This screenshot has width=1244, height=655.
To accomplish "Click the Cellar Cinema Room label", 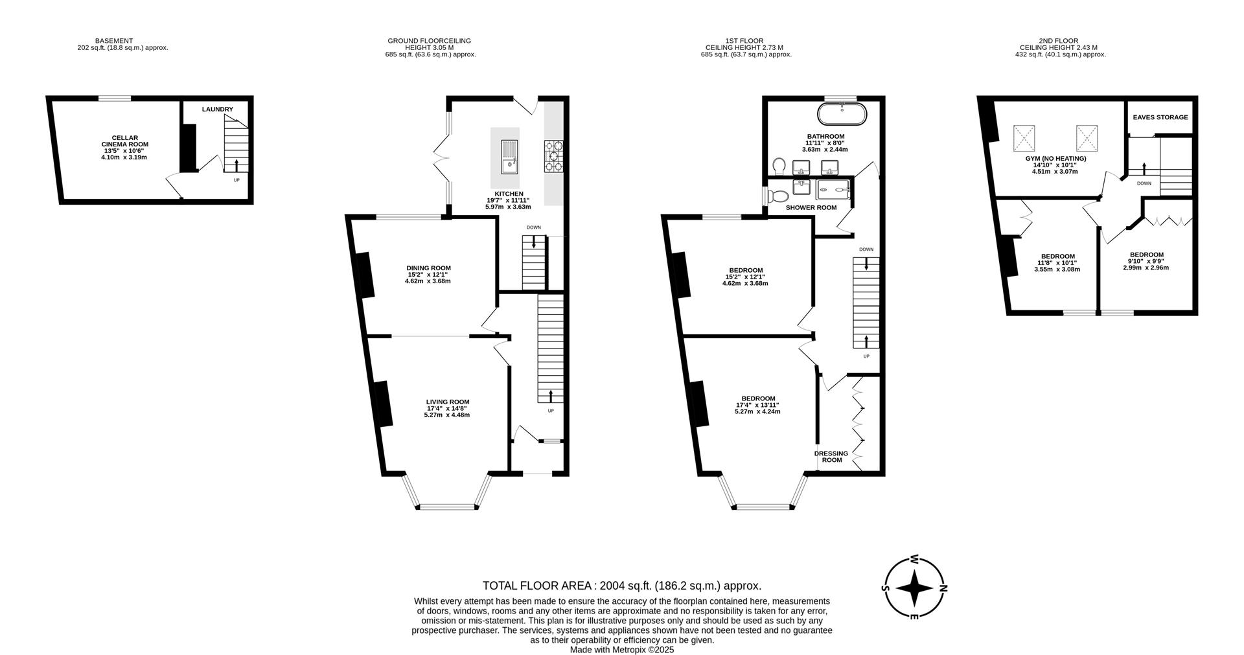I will [124, 141].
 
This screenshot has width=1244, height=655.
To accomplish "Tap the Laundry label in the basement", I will [217, 109].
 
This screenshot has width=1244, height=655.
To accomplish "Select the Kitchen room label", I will [509, 194].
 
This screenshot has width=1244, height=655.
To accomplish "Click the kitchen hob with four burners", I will [553, 156].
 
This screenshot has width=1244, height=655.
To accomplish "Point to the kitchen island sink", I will [509, 157].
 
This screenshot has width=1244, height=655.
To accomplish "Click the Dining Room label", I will [428, 268].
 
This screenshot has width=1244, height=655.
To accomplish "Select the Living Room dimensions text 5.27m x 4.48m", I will [447, 415].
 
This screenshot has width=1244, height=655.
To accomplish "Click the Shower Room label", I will [811, 208].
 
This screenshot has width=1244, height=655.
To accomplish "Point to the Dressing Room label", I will [831, 457].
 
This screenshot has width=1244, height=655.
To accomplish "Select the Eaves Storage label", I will [1160, 117].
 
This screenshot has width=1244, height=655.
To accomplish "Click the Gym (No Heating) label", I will [1055, 158].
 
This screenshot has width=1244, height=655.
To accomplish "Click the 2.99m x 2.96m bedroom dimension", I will [1146, 268].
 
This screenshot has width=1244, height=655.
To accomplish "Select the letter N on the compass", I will [943, 588].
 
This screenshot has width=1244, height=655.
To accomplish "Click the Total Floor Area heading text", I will [621, 586].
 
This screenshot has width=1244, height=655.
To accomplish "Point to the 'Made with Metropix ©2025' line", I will [621, 649].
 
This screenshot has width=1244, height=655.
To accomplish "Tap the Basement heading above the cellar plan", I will [113, 41].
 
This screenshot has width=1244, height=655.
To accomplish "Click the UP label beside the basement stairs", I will [236, 179].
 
